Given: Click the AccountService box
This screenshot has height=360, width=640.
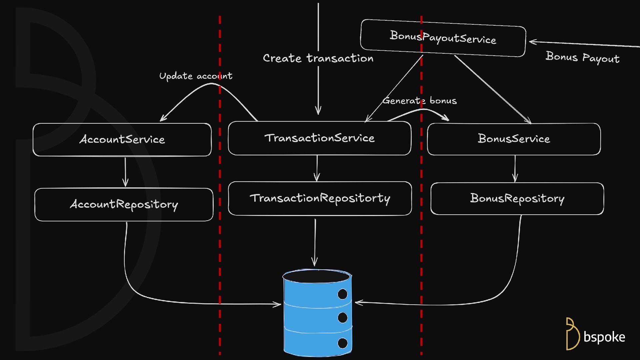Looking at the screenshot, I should (122, 139).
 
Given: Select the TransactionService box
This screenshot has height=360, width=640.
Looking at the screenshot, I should (319, 138).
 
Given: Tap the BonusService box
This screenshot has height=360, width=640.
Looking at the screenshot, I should (514, 139).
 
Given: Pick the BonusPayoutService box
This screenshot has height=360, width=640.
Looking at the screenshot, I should (443, 38).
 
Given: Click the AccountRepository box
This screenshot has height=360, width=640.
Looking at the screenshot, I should (124, 204).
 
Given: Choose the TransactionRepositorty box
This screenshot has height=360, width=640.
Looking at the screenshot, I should (320, 198).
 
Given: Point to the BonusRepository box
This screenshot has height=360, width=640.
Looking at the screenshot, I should (517, 199).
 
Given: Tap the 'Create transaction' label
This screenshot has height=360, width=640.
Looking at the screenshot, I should (318, 58).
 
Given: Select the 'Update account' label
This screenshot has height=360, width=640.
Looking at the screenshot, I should (196, 76).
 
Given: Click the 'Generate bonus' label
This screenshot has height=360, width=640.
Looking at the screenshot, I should (419, 101).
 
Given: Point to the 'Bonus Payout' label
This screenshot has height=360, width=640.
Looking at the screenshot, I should (582, 57).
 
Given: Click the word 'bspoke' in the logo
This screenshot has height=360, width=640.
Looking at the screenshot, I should (604, 337).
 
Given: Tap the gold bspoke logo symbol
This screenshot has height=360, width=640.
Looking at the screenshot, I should (572, 334).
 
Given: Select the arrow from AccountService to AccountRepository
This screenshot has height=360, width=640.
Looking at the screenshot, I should (125, 172).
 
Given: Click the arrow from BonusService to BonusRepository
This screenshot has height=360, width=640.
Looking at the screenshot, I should (515, 169).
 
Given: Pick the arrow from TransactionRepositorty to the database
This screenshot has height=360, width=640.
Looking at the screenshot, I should (315, 242).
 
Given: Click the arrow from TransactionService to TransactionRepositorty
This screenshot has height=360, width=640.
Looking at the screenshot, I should (317, 168).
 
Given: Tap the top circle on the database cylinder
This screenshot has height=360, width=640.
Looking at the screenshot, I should (342, 294).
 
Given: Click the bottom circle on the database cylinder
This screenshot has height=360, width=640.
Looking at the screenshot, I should (342, 343).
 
